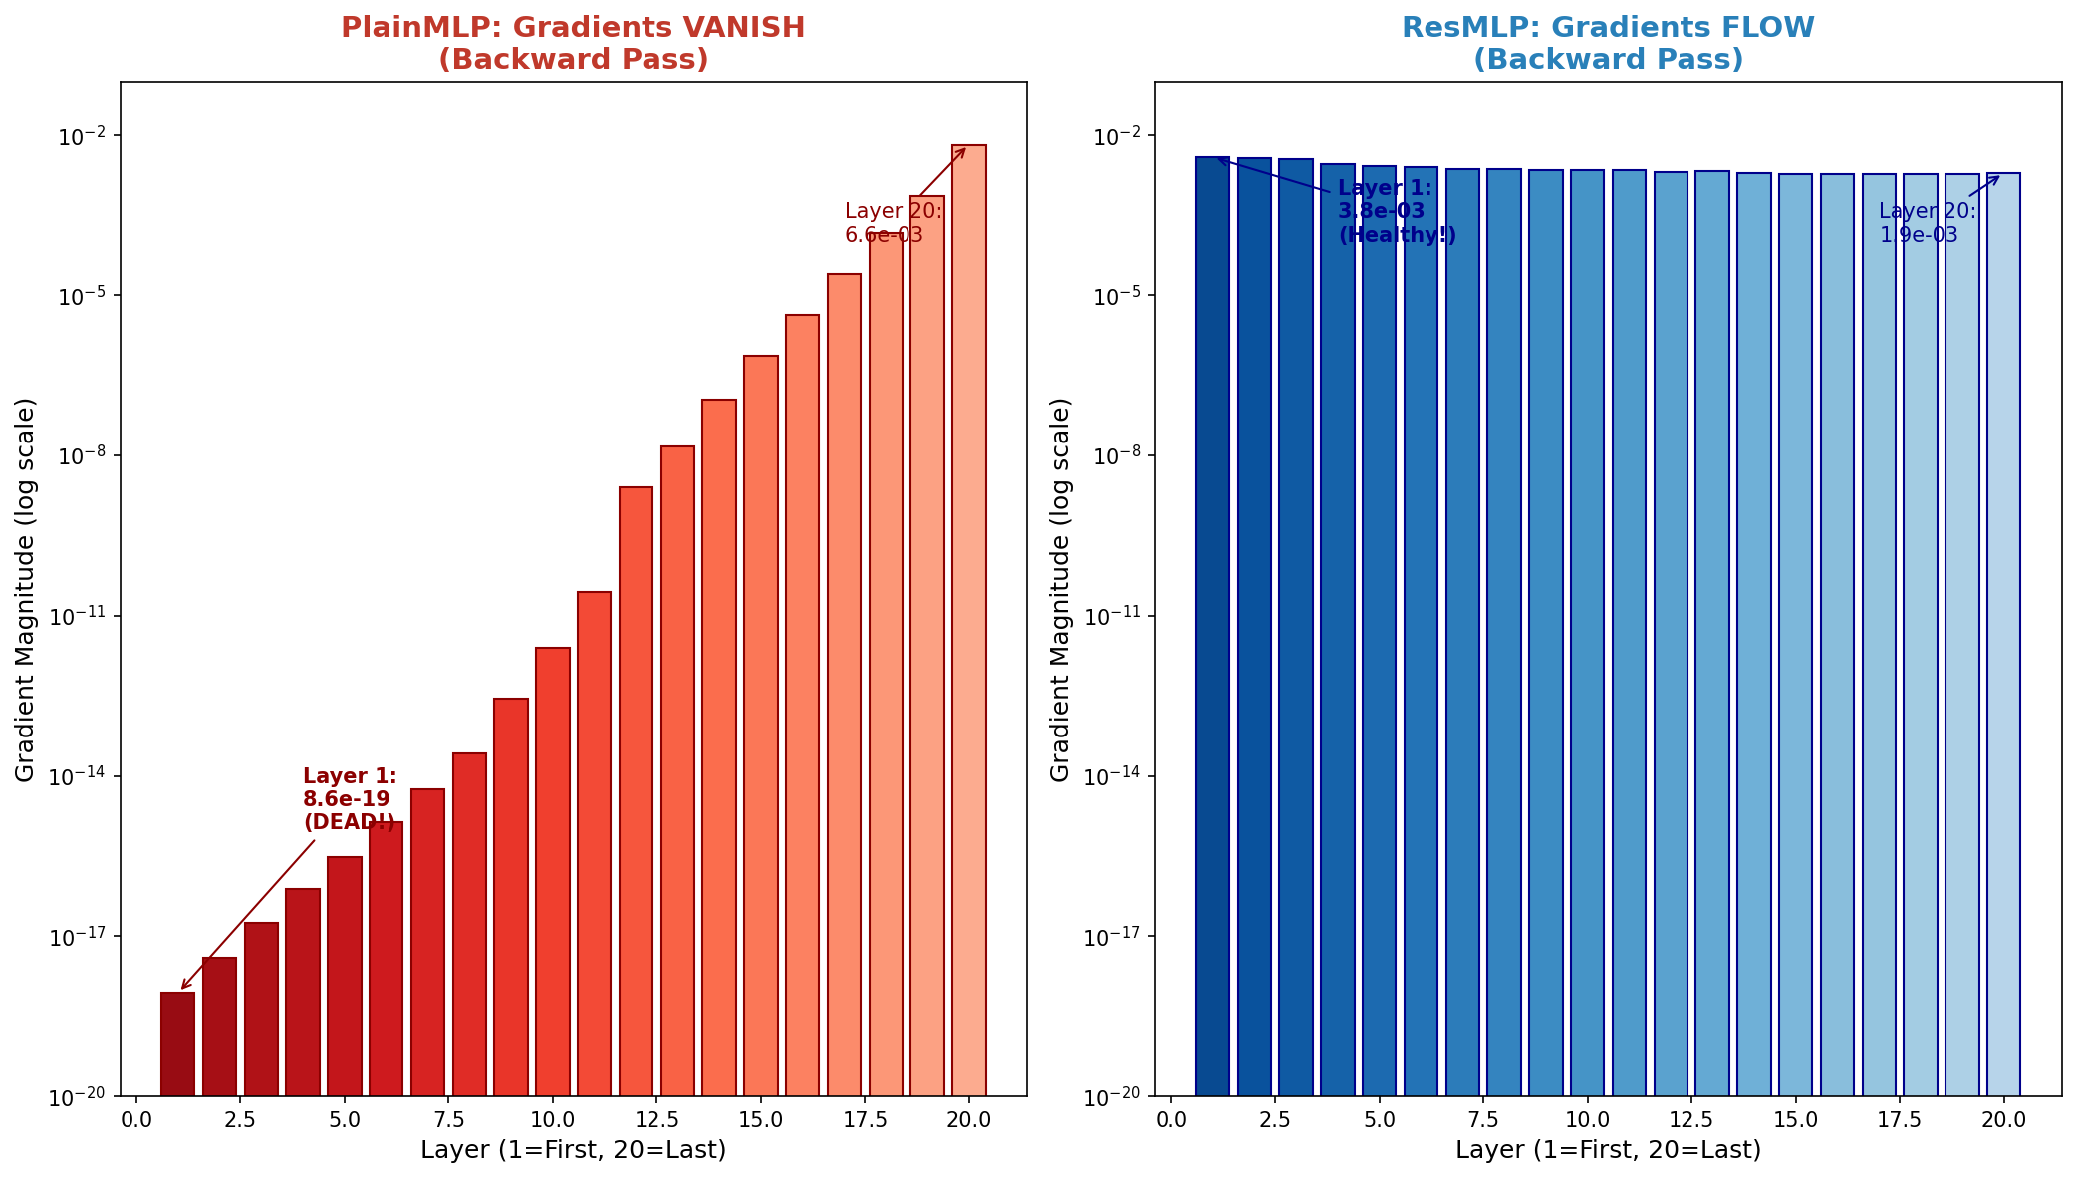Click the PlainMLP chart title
click(x=573, y=43)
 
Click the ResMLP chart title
click(x=1608, y=43)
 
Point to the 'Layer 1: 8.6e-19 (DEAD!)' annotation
click(x=350, y=799)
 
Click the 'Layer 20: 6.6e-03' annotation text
click(x=893, y=223)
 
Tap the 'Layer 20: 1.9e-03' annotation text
click(x=1927, y=223)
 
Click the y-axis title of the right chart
click(x=1061, y=589)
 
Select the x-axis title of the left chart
click(x=573, y=1150)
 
